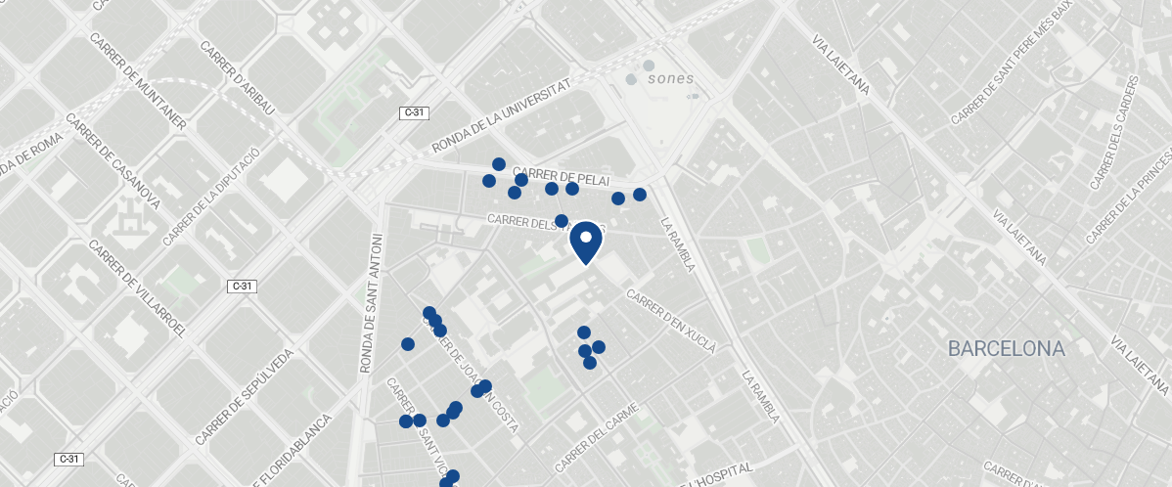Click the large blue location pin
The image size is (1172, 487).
[585, 242]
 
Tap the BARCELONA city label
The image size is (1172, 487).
[1006, 349]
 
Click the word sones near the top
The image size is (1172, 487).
[671, 78]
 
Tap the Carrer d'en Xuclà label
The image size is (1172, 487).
[671, 322]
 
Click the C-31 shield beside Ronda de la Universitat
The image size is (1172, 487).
[414, 113]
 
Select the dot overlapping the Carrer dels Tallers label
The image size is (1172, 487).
[562, 221]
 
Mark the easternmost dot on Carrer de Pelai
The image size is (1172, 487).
[640, 195]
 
